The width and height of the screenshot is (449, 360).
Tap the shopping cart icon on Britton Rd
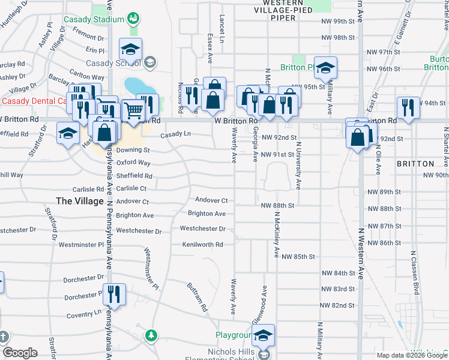(133, 110)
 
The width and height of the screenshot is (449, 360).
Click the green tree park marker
(152, 334)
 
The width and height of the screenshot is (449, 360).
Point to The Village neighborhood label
(79, 200)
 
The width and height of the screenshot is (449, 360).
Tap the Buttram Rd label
(196, 298)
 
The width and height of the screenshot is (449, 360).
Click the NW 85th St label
(301, 257)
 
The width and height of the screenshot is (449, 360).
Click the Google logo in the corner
(20, 352)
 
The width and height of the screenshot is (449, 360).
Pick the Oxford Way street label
(133, 163)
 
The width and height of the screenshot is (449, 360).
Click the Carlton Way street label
(87, 77)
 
